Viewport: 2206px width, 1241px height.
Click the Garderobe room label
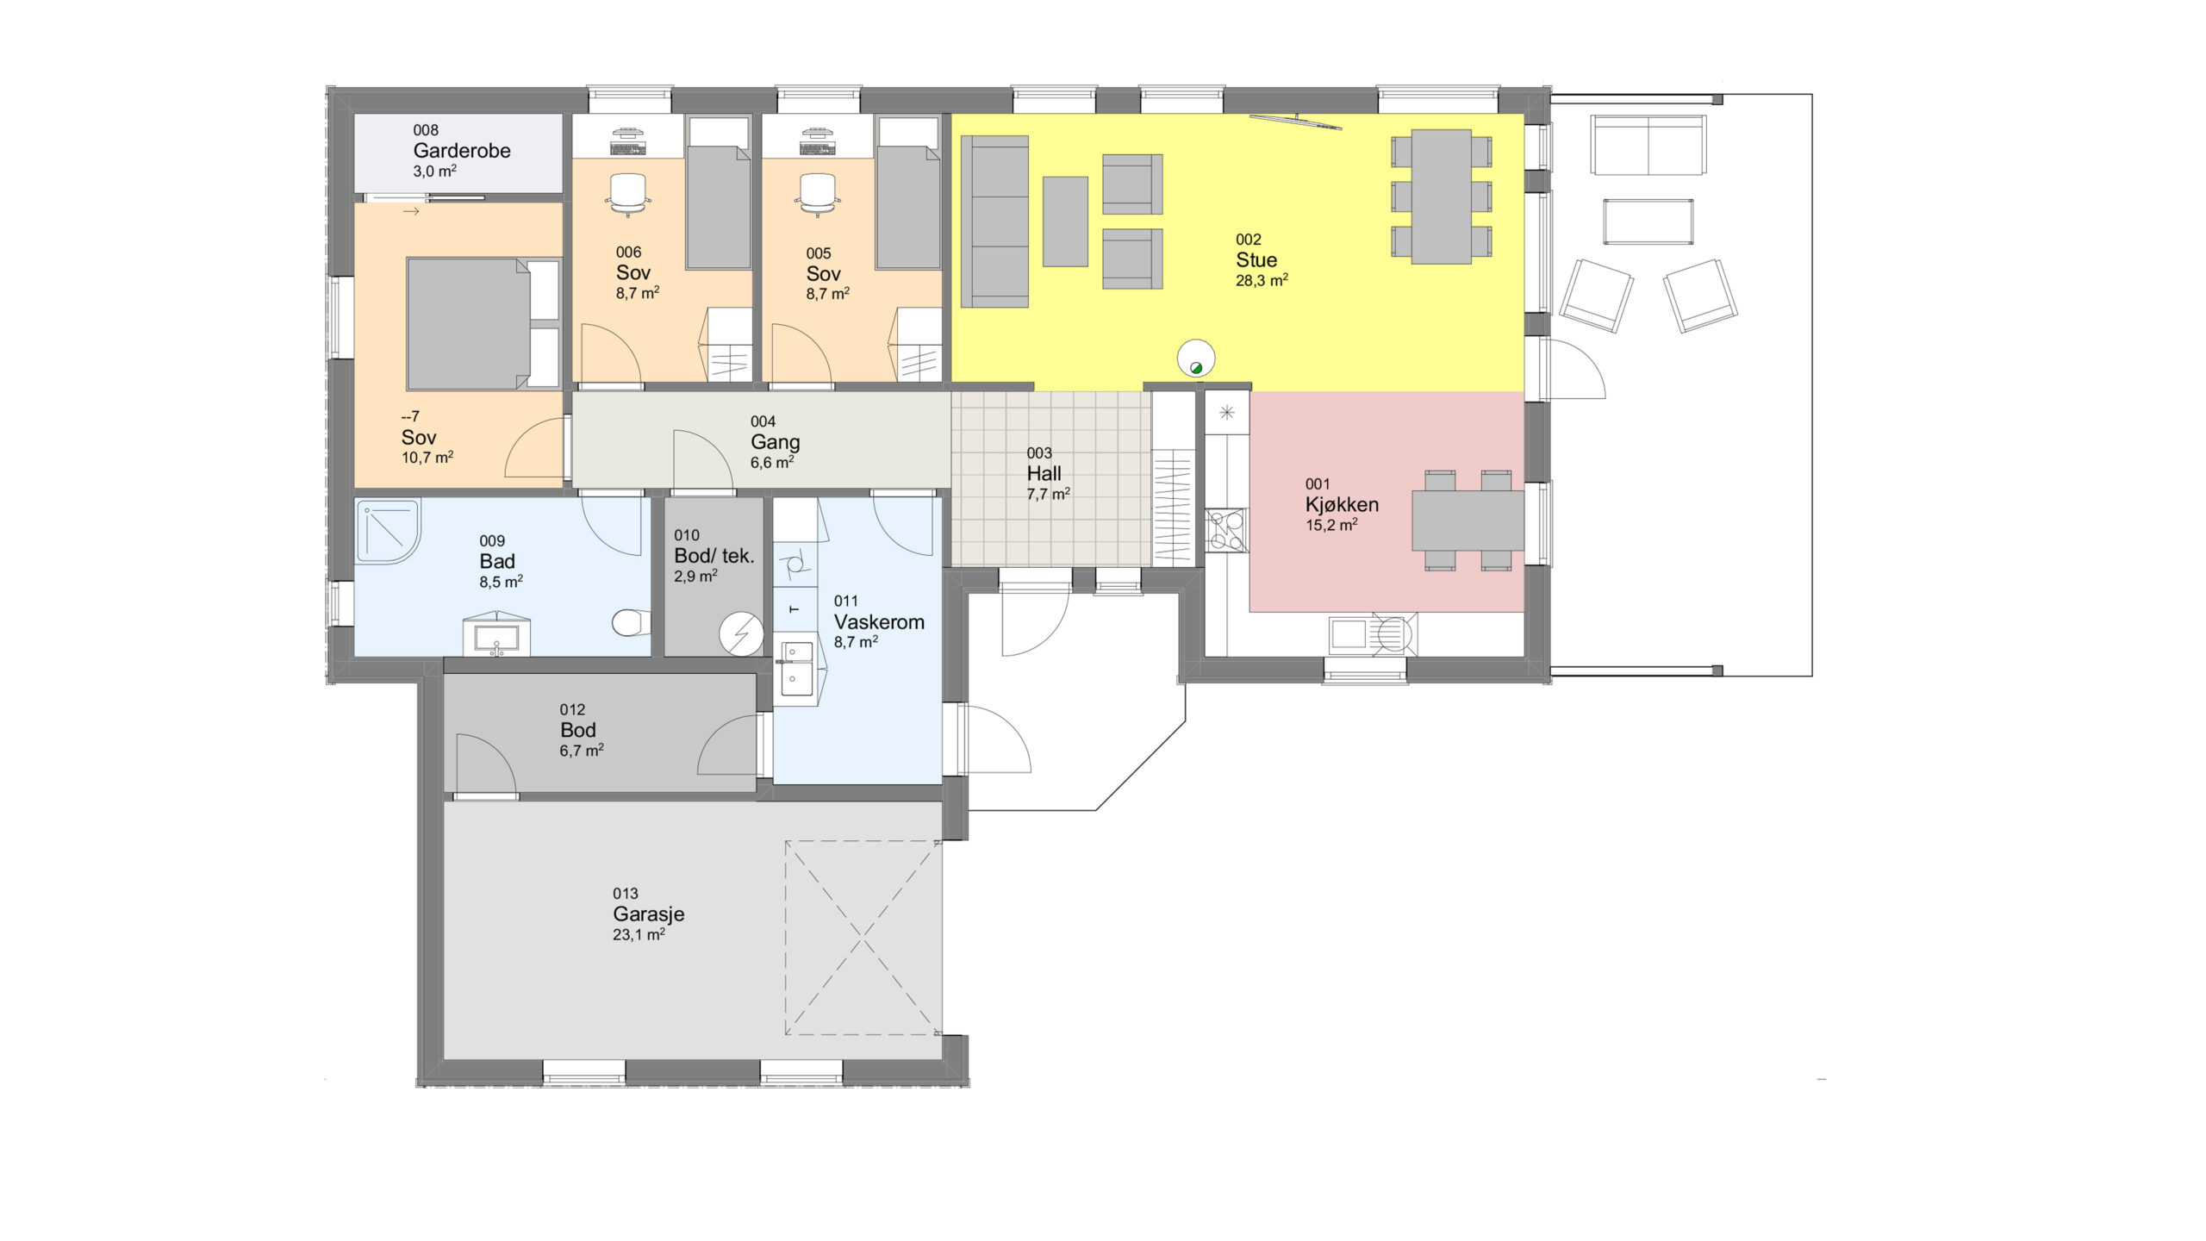point(461,151)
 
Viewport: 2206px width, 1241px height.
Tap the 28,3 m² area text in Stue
point(1262,280)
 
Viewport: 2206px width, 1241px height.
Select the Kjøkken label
point(1342,505)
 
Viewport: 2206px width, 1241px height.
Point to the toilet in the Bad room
point(631,622)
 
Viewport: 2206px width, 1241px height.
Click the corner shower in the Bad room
point(388,531)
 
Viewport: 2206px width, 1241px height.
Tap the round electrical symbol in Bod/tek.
point(741,634)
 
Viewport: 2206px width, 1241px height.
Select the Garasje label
point(648,914)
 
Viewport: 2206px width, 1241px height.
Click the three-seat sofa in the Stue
point(994,221)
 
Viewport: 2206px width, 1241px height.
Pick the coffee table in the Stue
point(1065,221)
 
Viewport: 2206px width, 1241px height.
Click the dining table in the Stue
point(1441,196)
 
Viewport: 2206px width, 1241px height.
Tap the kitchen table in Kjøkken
point(1468,520)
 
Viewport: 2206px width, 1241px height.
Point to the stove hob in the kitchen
point(1227,531)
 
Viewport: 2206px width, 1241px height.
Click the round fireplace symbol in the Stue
point(1196,358)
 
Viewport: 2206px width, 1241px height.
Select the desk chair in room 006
point(628,195)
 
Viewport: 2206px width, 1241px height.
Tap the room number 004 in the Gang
point(763,421)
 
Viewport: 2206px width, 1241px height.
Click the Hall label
point(1044,474)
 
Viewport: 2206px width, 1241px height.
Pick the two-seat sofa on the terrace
point(1648,146)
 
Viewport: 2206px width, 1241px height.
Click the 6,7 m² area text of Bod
point(582,751)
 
